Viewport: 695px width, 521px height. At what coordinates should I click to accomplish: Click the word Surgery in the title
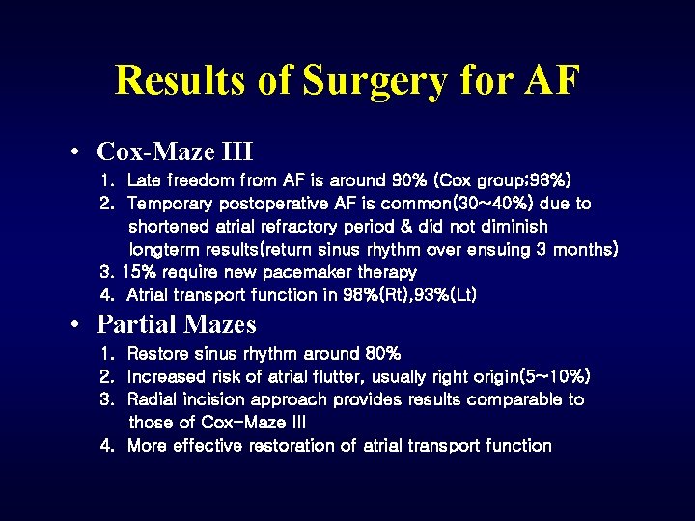(x=375, y=80)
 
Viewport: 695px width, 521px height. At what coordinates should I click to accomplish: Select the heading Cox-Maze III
(x=175, y=151)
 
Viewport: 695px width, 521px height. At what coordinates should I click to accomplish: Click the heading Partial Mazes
(x=177, y=324)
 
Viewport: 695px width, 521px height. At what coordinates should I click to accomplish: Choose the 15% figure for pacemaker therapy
(x=139, y=272)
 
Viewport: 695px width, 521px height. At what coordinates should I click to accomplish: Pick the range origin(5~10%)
(x=521, y=376)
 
